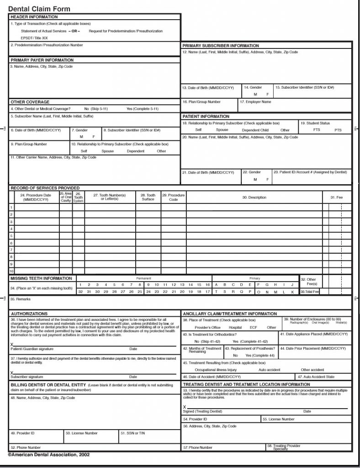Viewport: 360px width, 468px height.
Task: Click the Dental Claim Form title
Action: click(x=39, y=9)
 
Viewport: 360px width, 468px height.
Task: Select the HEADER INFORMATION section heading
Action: click(x=34, y=17)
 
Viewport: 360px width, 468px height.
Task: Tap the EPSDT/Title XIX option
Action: click(x=34, y=38)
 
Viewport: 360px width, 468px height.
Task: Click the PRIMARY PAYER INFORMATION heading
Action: click(x=42, y=60)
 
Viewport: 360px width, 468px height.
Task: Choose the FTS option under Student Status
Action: click(x=317, y=130)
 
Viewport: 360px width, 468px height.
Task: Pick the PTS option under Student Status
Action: click(x=338, y=130)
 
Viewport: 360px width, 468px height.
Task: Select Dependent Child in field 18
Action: click(x=255, y=130)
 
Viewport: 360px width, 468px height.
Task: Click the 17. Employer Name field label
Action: click(x=255, y=102)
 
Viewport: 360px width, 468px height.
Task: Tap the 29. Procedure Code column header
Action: click(x=173, y=197)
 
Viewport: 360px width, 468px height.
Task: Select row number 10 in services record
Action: click(x=11, y=271)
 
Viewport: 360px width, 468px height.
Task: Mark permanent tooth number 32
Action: click(x=80, y=291)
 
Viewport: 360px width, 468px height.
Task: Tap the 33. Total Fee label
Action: click(x=310, y=291)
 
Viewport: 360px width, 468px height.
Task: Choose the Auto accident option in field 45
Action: click(x=269, y=370)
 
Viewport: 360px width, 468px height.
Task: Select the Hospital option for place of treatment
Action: click(x=235, y=327)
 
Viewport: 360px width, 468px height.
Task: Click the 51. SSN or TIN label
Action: click(x=132, y=433)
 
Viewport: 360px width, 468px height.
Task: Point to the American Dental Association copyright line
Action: click(x=48, y=455)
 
